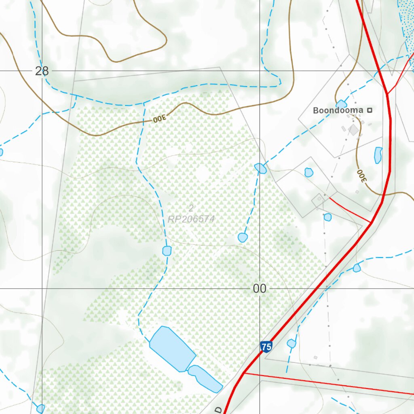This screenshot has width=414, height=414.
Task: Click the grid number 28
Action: click(42, 71)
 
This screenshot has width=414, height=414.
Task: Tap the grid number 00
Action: click(260, 289)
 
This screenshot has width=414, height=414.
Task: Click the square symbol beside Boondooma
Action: click(369, 110)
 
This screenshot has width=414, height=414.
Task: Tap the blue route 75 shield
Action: click(266, 346)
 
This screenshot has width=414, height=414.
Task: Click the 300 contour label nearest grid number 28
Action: click(159, 119)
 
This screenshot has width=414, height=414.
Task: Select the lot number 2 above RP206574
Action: click(191, 208)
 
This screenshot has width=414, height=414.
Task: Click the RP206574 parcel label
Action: click(191, 219)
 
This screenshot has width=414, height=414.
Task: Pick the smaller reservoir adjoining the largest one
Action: click(205, 378)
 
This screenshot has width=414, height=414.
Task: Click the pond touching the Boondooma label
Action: click(341, 104)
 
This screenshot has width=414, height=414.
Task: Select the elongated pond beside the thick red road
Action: click(378, 155)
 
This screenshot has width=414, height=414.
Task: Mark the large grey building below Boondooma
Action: click(354, 130)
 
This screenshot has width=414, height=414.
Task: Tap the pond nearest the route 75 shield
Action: click(291, 344)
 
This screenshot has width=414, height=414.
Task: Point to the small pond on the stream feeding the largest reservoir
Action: click(167, 251)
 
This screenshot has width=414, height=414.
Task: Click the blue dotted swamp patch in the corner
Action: click(406, 20)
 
